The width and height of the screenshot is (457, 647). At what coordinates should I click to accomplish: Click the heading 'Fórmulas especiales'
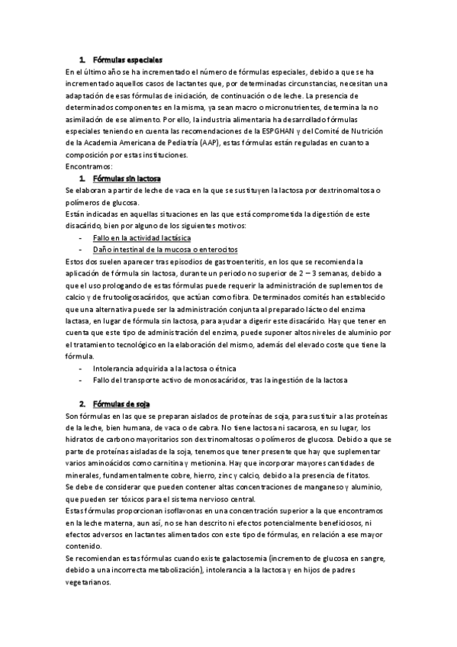point(127,60)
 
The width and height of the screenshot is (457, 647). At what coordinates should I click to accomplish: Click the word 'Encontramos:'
point(90,166)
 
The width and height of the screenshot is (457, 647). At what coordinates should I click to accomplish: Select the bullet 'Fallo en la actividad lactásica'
point(142,237)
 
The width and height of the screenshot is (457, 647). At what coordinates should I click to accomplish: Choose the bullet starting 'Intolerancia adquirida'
point(165,368)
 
